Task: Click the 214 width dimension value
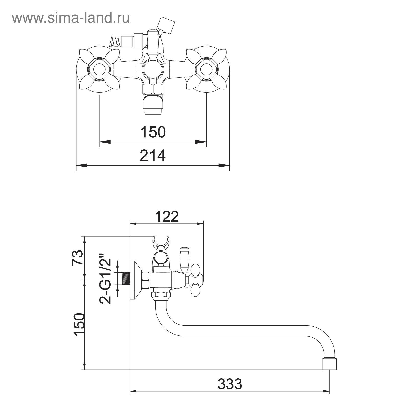click(153, 156)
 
